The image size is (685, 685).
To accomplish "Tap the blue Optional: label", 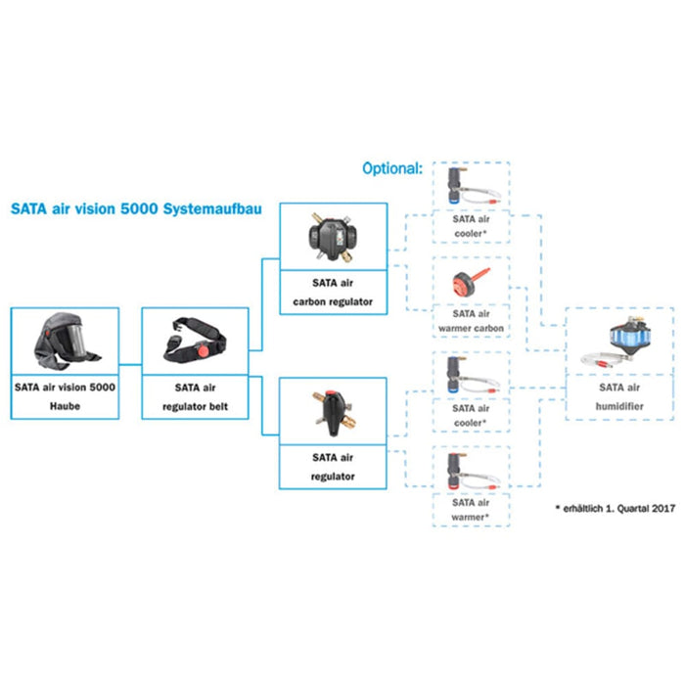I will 392,168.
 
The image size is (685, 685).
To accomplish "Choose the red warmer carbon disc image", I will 469,284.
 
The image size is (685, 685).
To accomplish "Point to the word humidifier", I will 619,403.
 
